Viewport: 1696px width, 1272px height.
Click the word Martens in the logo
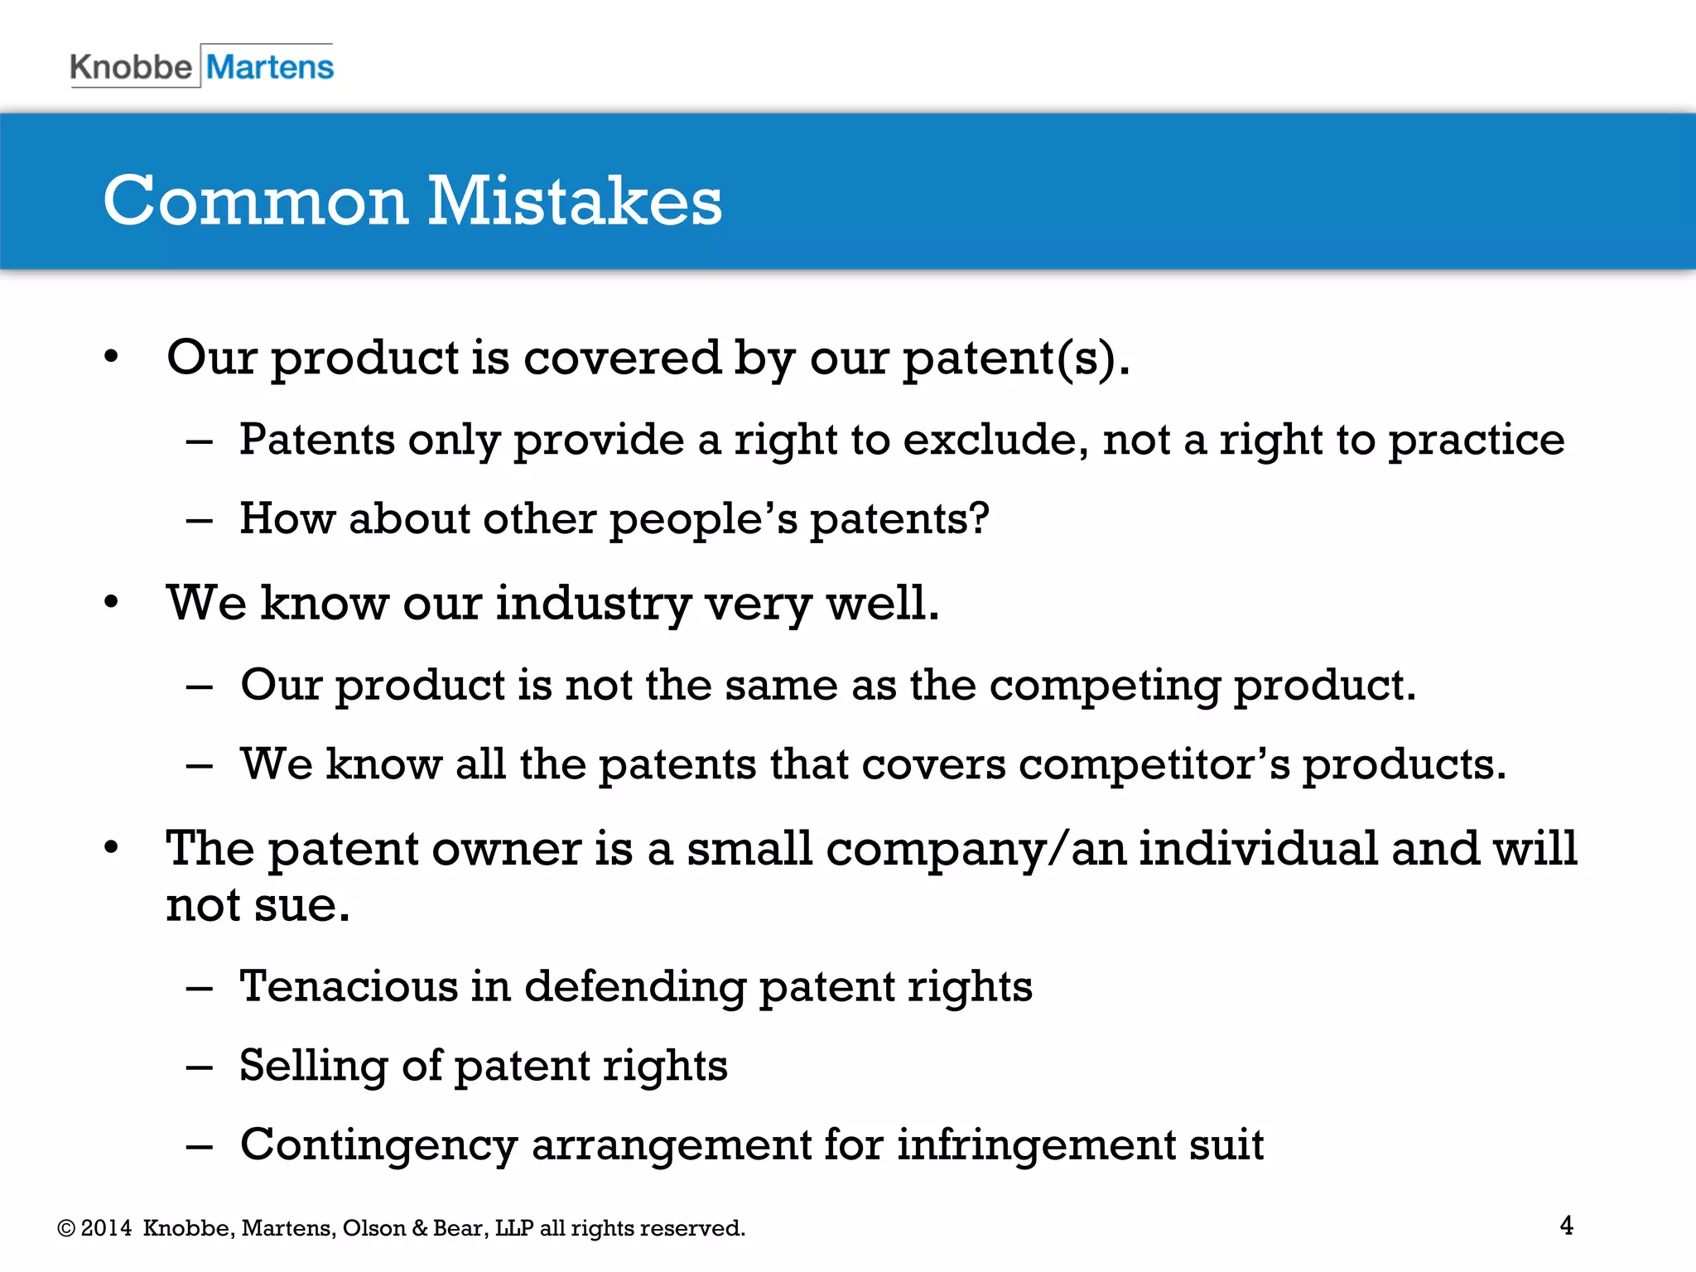pyautogui.click(x=270, y=67)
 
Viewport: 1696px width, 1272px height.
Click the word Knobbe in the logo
pyautogui.click(x=131, y=67)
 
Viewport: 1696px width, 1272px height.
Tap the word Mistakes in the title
pyautogui.click(x=574, y=201)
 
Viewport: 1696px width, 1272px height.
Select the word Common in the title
pyautogui.click(x=256, y=201)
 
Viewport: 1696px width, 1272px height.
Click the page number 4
pyautogui.click(x=1566, y=1225)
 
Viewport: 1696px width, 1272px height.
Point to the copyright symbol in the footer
pyautogui.click(x=66, y=1228)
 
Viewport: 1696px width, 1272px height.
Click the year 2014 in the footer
pyautogui.click(x=107, y=1228)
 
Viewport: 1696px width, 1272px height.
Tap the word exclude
pyautogui.click(x=995, y=439)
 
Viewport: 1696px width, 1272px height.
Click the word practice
pyautogui.click(x=1477, y=441)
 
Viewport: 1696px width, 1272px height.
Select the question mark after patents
pyautogui.click(x=980, y=518)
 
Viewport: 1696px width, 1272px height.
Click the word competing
pyautogui.click(x=1105, y=686)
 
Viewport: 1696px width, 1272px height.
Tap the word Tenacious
pyautogui.click(x=349, y=985)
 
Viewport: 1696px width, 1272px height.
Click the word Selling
pyautogui.click(x=314, y=1066)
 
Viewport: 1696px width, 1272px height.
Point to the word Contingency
pyautogui.click(x=378, y=1145)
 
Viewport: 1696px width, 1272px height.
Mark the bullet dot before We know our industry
pyautogui.click(x=112, y=602)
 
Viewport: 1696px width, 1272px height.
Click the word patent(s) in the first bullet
pyautogui.click(x=1015, y=358)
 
